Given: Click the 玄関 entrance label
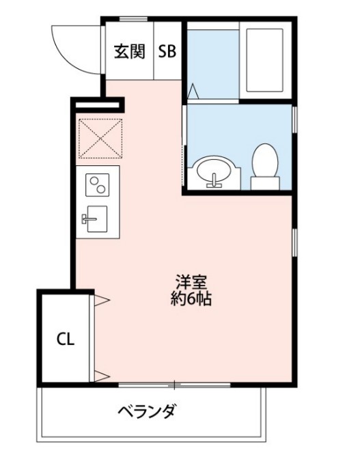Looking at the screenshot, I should point(129,52).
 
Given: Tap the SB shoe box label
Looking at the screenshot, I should point(167,52).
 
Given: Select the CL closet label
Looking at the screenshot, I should point(65,339).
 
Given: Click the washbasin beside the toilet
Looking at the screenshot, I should point(214,174).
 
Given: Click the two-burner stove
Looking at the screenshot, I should point(98,184).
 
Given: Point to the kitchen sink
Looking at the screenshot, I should point(96,219).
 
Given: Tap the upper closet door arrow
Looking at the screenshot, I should point(101,298).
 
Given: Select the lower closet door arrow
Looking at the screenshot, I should point(101,374).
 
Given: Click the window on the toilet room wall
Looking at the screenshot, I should point(294,119).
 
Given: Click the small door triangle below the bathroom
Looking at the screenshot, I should point(193,90).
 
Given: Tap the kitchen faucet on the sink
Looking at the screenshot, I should point(88,219).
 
